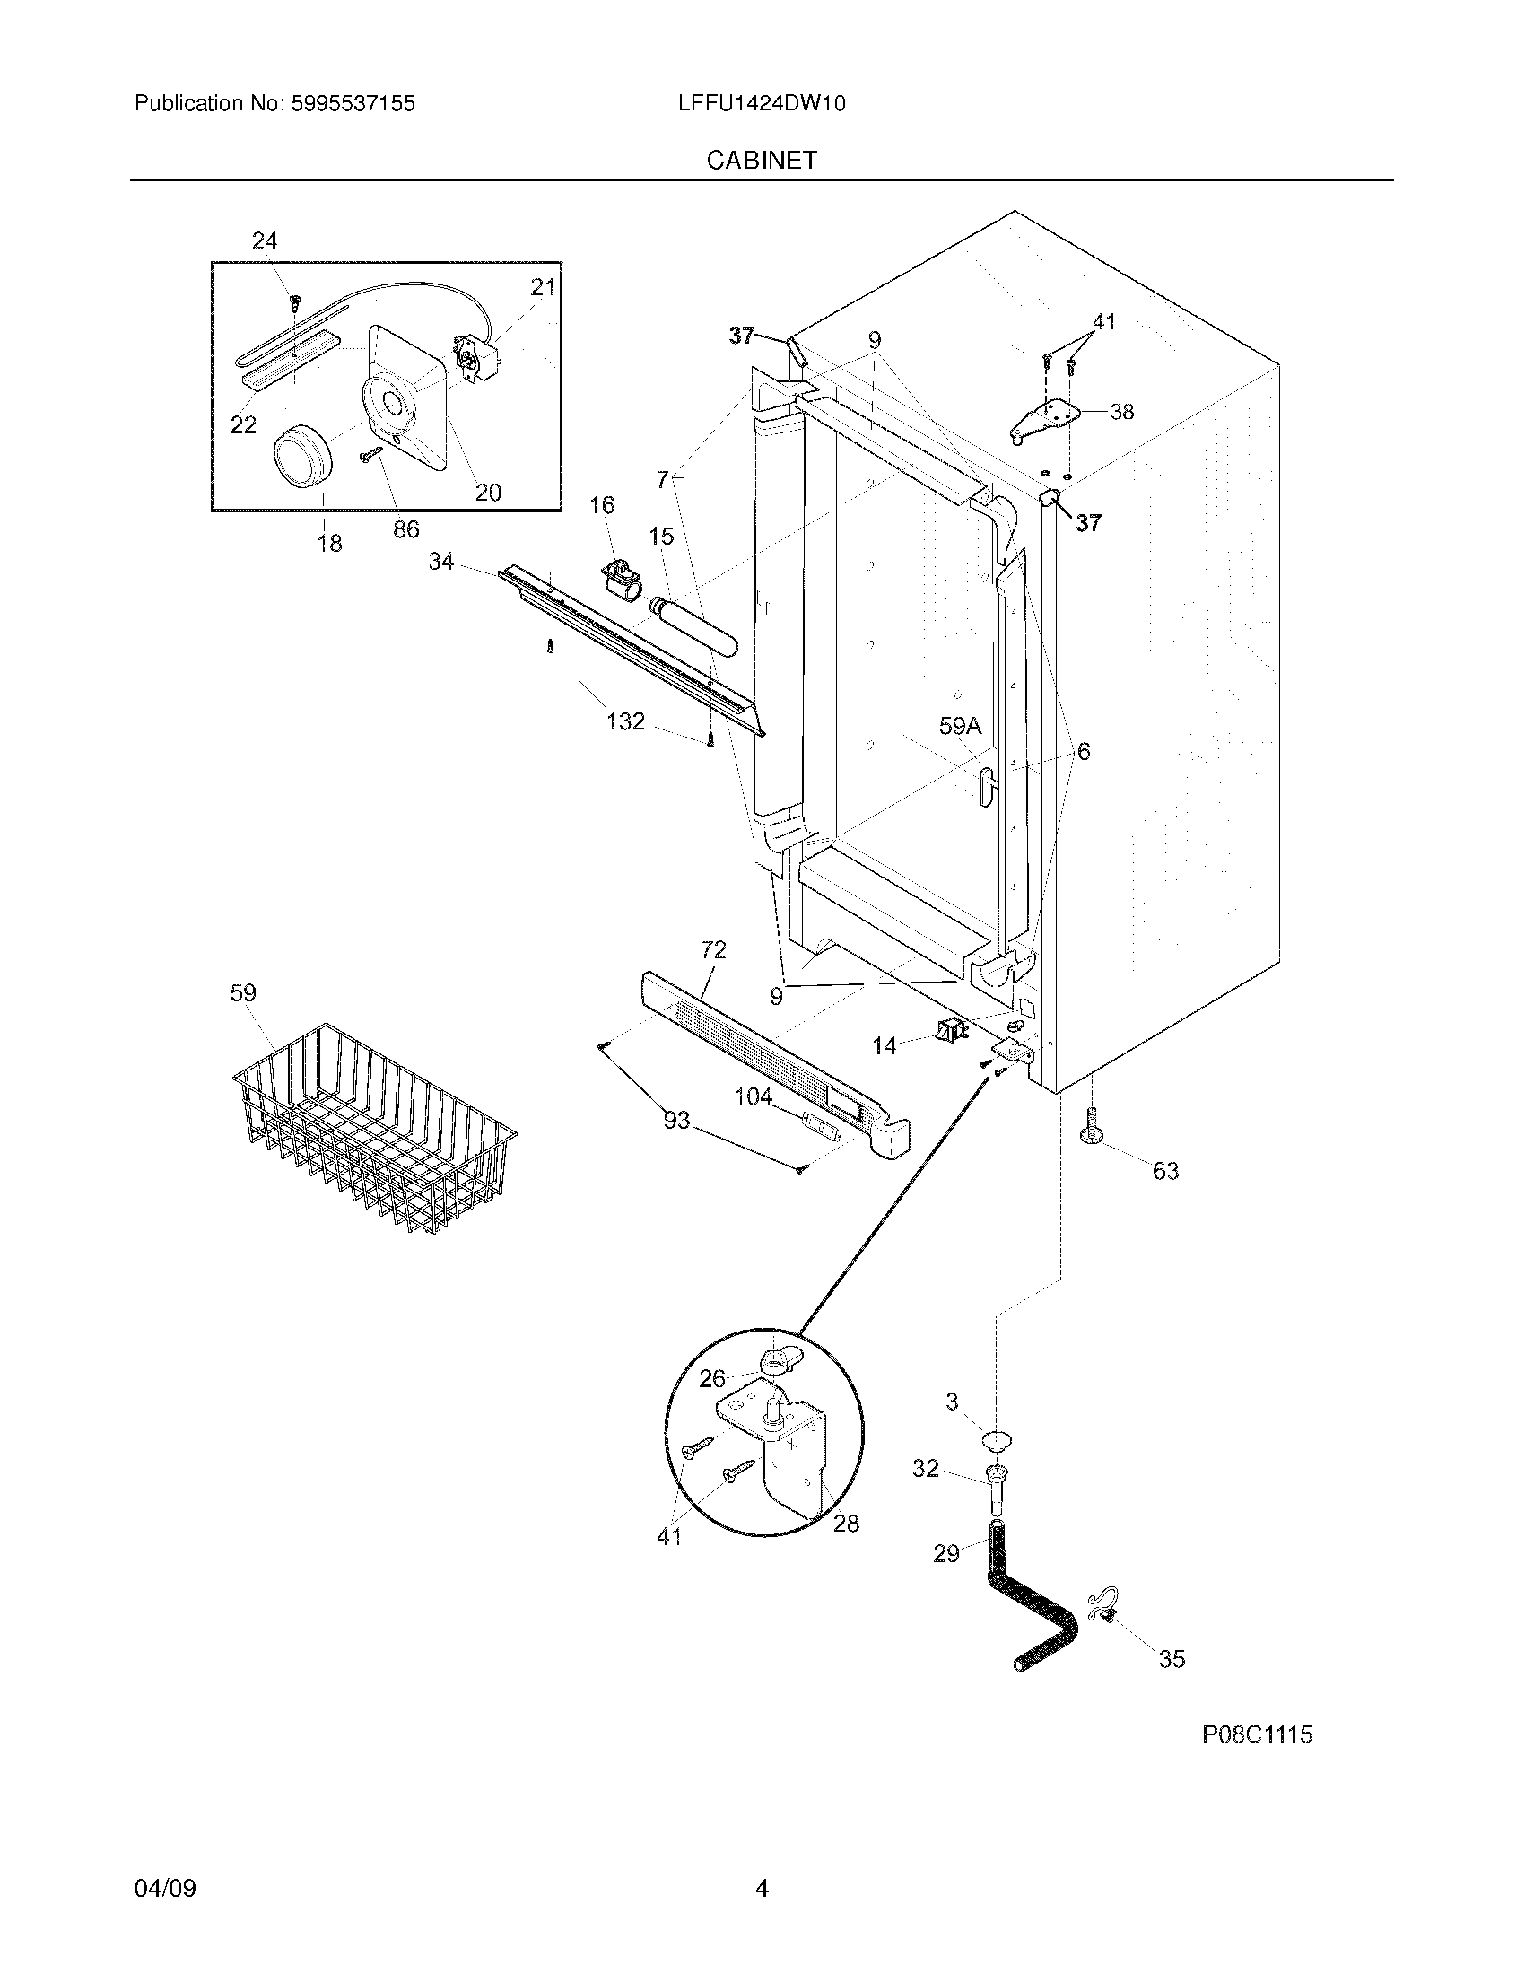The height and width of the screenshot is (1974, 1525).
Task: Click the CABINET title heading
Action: (762, 160)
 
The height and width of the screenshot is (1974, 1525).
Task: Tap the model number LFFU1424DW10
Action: (762, 104)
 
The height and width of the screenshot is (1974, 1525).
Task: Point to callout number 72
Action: (713, 950)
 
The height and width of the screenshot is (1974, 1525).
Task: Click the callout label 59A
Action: (960, 726)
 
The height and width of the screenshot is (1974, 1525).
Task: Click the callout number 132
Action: (625, 721)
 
